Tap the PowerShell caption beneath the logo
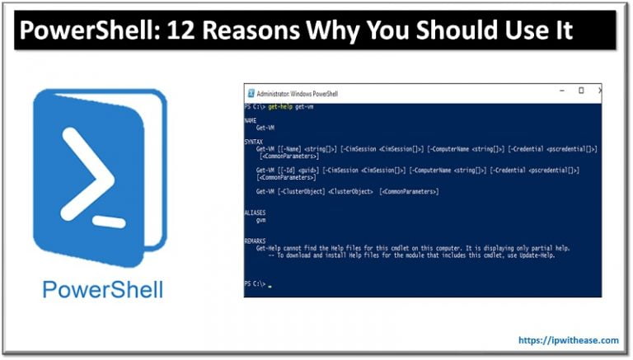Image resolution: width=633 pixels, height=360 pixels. (x=102, y=290)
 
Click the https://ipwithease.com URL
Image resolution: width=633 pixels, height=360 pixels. (x=569, y=339)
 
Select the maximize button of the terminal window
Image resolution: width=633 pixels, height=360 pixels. (x=581, y=91)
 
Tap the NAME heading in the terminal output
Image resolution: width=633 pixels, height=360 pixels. (x=251, y=121)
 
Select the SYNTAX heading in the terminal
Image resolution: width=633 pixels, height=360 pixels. (x=253, y=142)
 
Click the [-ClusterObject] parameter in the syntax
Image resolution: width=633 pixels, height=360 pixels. (x=298, y=191)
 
